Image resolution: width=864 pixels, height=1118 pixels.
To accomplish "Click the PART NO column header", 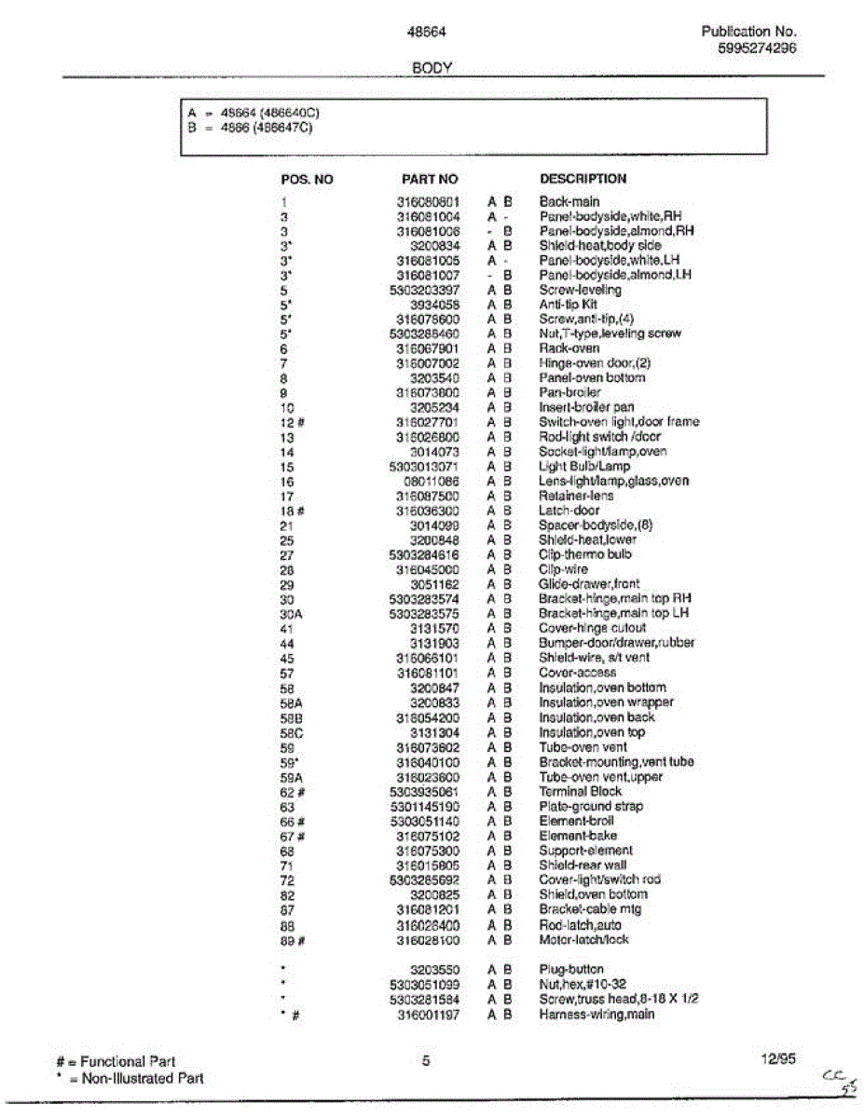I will pos(430,179).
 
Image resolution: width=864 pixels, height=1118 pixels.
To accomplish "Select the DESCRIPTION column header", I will pos(583,179).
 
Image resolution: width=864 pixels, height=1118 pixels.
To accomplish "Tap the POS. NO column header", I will pos(307,179).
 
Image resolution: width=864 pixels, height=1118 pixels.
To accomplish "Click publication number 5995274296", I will pos(758,48).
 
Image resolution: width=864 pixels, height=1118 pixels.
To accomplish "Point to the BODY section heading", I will pos(432,68).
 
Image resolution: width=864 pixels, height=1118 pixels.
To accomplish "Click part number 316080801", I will pos(428,201).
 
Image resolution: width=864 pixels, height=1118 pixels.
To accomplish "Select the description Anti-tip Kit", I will pos(569,305).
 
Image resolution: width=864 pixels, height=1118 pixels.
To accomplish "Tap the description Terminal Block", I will pos(581,791).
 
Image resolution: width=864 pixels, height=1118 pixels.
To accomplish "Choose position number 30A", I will pos(290,614).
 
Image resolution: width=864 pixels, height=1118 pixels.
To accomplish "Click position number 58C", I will pos(291,732).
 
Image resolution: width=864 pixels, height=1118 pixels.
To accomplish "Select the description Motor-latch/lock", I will pos(584,939).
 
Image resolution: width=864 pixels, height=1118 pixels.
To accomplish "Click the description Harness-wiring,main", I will pos(597,1014).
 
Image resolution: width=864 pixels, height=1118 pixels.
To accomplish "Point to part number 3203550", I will pos(435,969).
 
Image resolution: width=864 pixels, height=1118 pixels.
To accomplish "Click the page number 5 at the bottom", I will pos(425,1060).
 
